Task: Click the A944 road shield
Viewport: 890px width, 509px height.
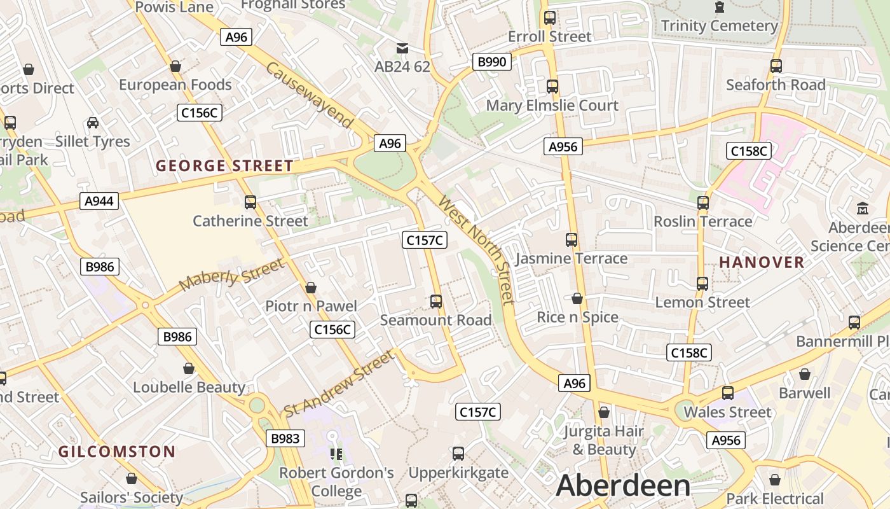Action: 99,201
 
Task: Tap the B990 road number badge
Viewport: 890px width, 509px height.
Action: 492,62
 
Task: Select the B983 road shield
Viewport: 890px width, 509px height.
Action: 285,438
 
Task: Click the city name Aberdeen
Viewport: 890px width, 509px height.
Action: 623,485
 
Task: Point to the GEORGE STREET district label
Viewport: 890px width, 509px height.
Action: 224,166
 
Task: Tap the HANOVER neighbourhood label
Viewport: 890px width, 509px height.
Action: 762,261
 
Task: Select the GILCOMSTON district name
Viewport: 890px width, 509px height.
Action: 117,452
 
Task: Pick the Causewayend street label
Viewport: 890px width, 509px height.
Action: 310,95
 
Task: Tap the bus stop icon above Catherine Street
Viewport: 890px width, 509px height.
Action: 250,202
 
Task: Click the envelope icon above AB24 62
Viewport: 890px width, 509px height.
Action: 402,48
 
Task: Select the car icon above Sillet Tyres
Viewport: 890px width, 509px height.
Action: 93,122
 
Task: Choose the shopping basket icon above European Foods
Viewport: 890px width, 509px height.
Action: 175,66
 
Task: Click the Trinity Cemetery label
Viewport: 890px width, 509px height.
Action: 719,26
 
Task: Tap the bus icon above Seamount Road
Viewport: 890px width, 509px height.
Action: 436,302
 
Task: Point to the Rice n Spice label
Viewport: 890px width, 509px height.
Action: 577,317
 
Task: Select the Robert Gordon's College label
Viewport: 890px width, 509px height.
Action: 337,482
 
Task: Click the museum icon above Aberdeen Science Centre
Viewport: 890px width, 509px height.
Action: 863,208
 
